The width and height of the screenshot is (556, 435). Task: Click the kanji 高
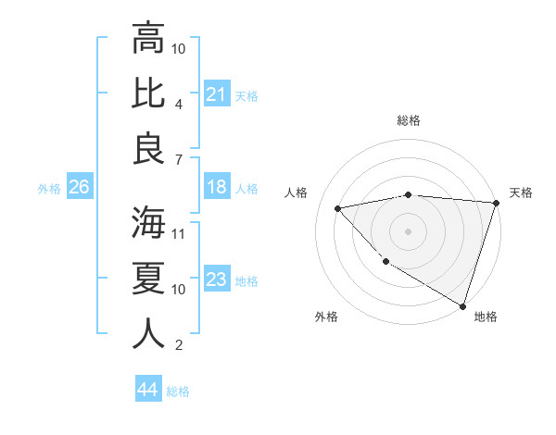(x=148, y=40)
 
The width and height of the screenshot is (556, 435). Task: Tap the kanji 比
(x=148, y=93)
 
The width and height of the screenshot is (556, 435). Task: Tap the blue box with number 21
(x=216, y=93)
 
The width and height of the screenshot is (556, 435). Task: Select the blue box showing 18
(x=216, y=187)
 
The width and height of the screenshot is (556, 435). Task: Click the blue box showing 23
(x=216, y=280)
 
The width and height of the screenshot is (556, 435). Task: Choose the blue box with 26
(x=79, y=187)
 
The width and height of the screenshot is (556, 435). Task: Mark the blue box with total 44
(x=147, y=390)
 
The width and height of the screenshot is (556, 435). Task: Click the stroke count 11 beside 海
(x=179, y=234)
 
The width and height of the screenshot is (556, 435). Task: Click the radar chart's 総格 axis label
(x=409, y=120)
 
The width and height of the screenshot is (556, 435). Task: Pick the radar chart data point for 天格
(x=496, y=203)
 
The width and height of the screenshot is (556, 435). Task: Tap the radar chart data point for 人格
(x=338, y=209)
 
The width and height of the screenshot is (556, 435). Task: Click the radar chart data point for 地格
(x=462, y=304)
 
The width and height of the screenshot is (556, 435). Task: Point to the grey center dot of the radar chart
(x=408, y=230)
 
